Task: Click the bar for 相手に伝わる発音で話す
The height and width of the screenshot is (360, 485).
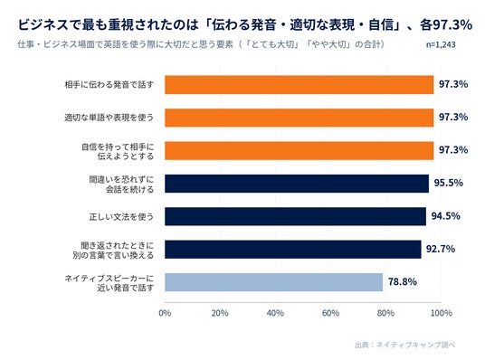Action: click(299, 84)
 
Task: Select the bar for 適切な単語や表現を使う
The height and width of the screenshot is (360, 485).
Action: click(299, 118)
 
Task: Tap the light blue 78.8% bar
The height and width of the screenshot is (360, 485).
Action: click(273, 282)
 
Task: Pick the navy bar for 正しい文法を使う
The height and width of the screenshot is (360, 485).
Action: click(295, 216)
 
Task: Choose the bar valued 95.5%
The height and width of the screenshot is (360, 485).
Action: click(297, 184)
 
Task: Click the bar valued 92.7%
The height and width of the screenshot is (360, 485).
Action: click(292, 250)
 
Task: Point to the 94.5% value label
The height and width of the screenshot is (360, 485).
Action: click(446, 216)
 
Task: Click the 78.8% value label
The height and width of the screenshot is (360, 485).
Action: click(403, 281)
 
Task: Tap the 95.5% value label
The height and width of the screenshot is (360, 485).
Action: click(449, 183)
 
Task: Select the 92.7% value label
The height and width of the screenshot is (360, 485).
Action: click(441, 249)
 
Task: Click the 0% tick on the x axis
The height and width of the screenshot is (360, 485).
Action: click(165, 313)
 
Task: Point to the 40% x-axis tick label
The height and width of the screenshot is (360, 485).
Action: click(275, 313)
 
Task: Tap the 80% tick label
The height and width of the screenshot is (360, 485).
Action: click(385, 313)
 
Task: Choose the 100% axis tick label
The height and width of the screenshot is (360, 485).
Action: click(442, 313)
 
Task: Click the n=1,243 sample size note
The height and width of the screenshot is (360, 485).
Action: click(441, 45)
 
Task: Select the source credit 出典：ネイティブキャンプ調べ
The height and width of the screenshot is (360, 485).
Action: click(404, 345)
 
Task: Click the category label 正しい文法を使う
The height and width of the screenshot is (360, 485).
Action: click(121, 216)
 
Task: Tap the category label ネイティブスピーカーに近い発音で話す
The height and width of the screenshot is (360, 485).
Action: click(109, 283)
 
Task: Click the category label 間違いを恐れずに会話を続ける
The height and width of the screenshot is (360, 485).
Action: click(121, 184)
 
